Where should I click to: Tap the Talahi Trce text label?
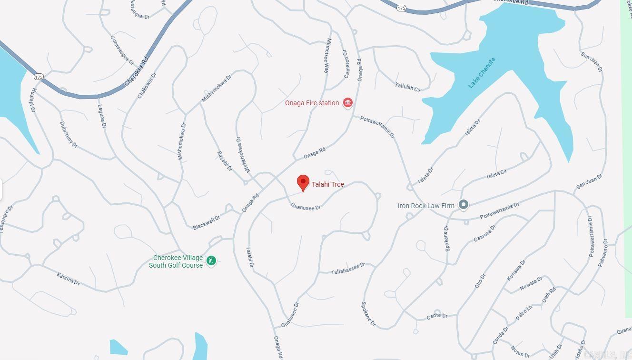[328, 184]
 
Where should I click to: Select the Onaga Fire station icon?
[348, 102]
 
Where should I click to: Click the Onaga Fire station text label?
[312, 103]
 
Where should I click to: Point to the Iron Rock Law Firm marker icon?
[464, 205]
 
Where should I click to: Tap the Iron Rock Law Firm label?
[426, 206]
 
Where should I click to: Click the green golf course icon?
[211, 260]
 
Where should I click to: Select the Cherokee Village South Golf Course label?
[176, 261]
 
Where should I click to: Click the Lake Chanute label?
[482, 72]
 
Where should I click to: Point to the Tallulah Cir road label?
[408, 87]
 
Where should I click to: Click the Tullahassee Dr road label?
[348, 269]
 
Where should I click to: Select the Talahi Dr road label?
[250, 257]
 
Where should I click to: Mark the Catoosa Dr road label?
[485, 233]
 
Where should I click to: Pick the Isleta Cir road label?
[497, 174]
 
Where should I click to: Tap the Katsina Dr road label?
[68, 279]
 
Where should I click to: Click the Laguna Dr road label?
[101, 116]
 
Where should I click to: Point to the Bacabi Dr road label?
[225, 161]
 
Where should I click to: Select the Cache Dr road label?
[437, 316]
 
